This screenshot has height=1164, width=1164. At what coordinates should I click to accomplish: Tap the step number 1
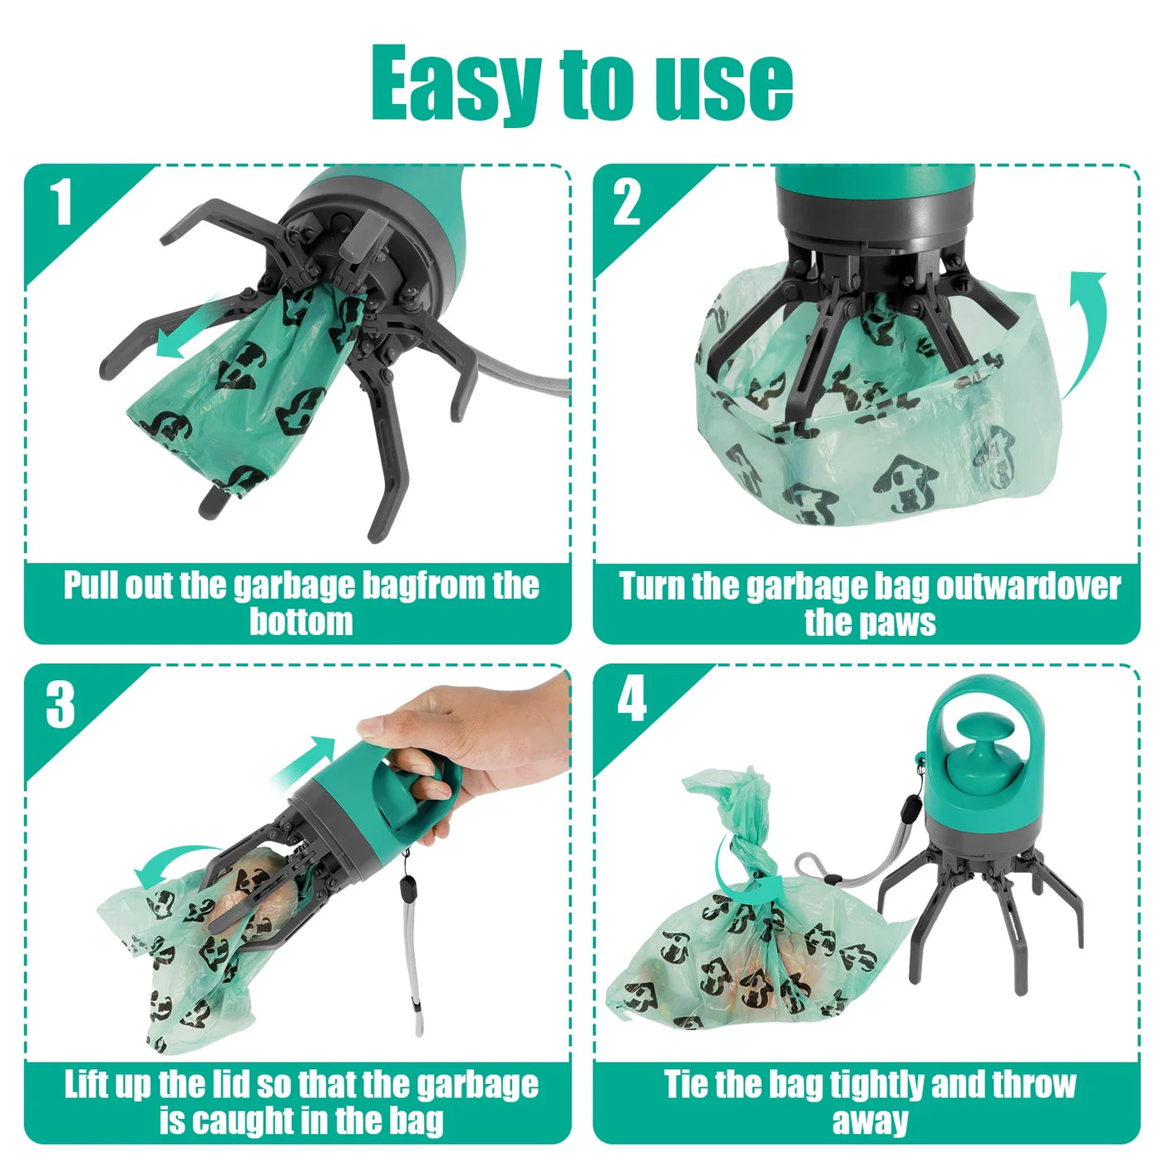pos(61,202)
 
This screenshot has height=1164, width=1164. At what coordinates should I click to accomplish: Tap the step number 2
pos(628,202)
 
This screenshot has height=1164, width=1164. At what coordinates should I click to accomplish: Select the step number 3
pos(61,705)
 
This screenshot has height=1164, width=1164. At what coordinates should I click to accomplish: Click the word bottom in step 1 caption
pos(301,622)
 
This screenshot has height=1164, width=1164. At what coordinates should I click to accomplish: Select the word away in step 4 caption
pos(870,1121)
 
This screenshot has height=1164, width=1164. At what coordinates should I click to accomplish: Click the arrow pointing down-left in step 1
pos(187,333)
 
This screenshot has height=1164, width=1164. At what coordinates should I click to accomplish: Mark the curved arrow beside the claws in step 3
pos(166,865)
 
